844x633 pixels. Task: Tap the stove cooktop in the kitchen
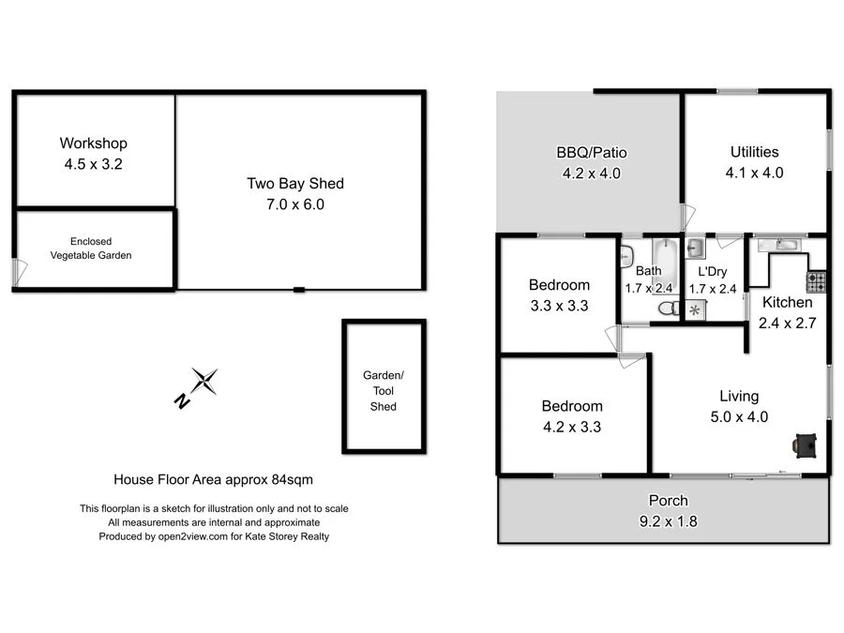point(816,279)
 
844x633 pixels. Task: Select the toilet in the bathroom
point(668,308)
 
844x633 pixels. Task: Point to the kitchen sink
point(776,246)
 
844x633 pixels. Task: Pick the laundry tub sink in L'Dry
point(697,249)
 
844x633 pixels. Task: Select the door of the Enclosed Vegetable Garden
point(19,273)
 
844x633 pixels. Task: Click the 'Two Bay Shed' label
point(289,184)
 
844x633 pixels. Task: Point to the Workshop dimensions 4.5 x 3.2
point(93,163)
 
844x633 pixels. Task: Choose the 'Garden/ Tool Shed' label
point(383,390)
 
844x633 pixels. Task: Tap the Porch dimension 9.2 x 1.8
point(668,520)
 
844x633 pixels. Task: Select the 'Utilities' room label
point(754,152)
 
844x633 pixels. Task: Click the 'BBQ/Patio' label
point(591,153)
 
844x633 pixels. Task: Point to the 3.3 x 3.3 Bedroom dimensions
point(559,305)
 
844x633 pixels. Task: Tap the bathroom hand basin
point(626,253)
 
